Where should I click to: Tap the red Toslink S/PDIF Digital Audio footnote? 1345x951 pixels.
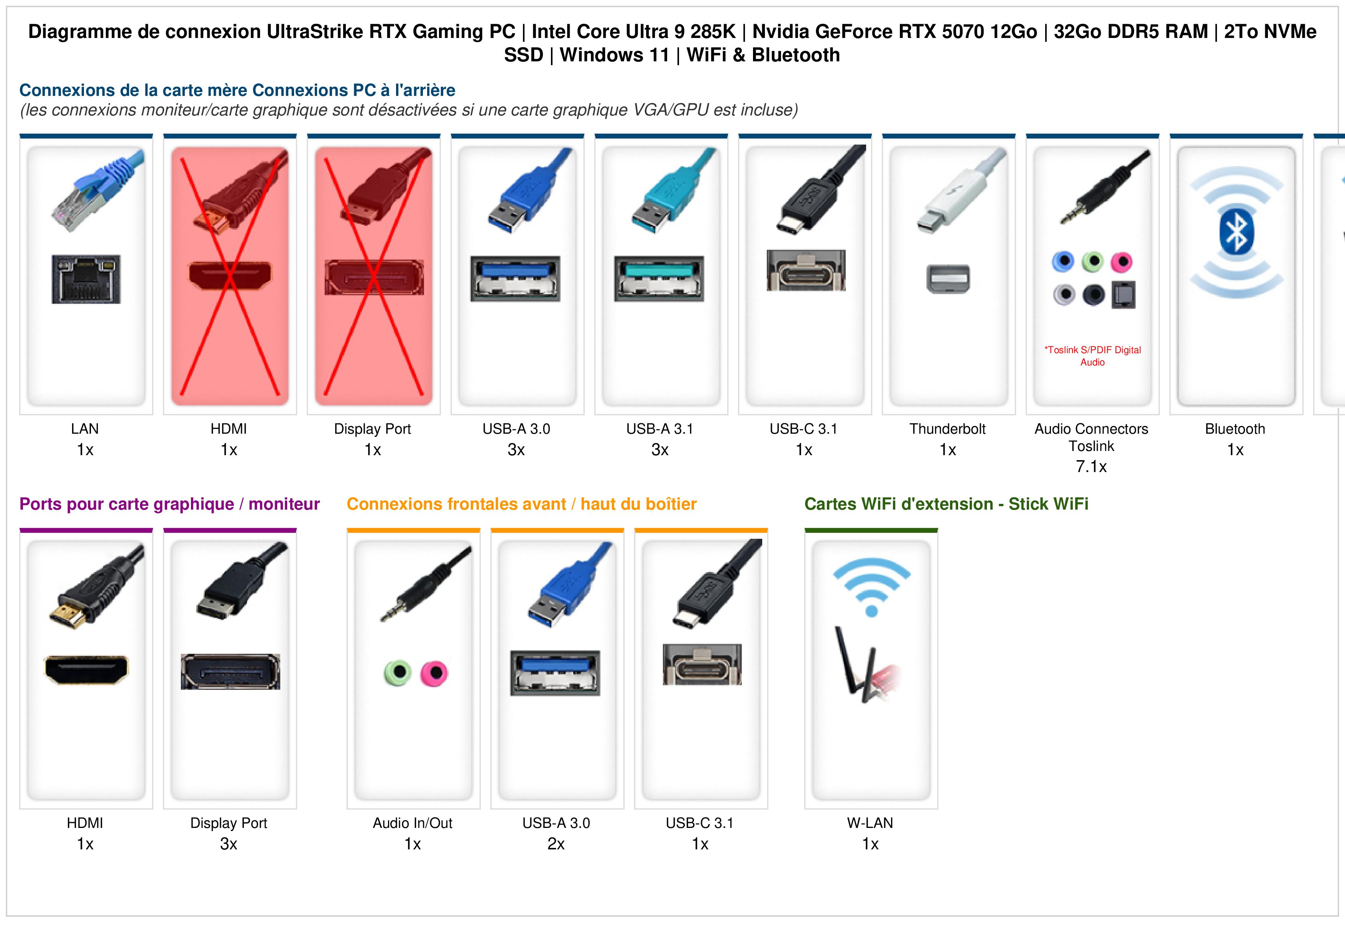1092,356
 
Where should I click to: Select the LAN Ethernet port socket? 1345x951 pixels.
86,279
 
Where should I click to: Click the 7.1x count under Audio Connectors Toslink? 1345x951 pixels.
1091,466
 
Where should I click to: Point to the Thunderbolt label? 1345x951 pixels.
947,429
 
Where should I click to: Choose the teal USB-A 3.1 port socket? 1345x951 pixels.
659,278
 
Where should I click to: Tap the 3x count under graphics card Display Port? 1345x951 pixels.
229,844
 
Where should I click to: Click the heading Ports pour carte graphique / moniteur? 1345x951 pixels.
169,504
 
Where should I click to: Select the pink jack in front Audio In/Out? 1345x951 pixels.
434,673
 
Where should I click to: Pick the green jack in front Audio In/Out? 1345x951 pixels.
398,673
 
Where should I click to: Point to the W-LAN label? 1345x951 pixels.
870,823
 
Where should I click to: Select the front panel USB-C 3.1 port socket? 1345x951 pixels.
702,665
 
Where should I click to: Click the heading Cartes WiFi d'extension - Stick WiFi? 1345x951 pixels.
946,504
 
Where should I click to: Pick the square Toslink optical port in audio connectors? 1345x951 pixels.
1123,295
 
